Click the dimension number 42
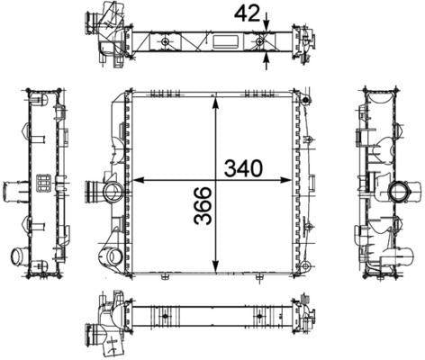pyautogui.click(x=247, y=13)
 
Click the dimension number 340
pyautogui.click(x=243, y=168)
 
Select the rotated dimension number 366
pyautogui.click(x=203, y=206)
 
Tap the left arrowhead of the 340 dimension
pyautogui.click(x=138, y=180)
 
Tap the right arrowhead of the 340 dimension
pyautogui.click(x=286, y=180)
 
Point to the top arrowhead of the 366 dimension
pyautogui.click(x=215, y=102)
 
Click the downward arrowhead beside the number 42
pyautogui.click(x=266, y=25)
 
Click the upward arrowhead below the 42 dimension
pyautogui.click(x=266, y=60)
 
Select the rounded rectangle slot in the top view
pyautogui.click(x=226, y=41)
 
